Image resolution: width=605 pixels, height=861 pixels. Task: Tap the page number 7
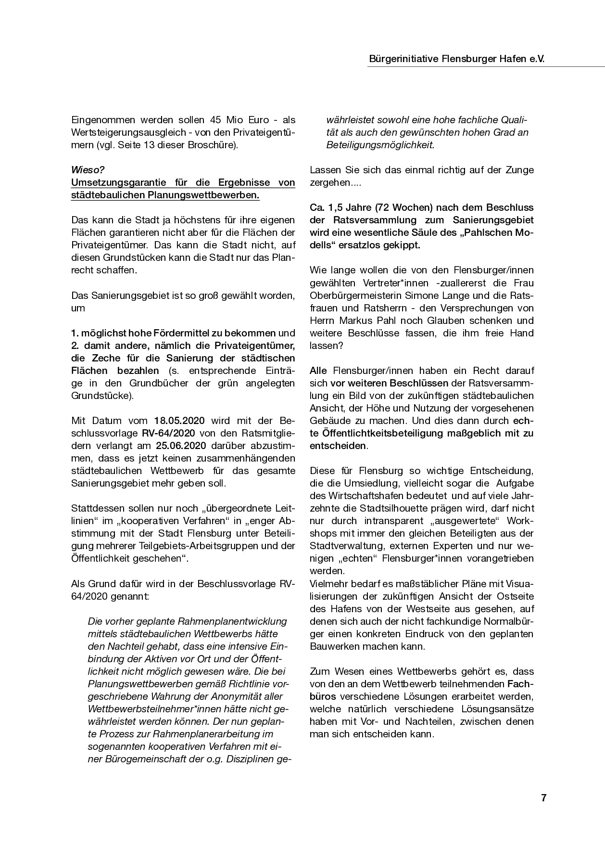(544, 798)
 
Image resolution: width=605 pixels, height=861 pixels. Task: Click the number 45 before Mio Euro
(216, 120)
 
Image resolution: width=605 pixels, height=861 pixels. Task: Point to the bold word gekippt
(402, 245)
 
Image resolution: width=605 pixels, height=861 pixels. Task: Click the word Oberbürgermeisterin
(356, 295)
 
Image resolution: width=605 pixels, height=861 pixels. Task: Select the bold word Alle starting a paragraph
(318, 371)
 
